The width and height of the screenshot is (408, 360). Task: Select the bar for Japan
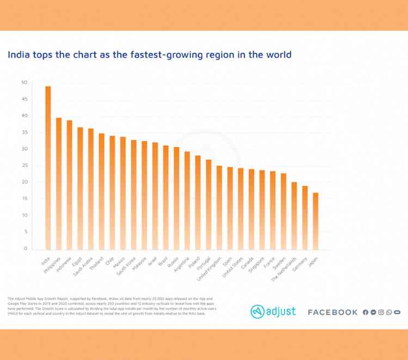point(315,221)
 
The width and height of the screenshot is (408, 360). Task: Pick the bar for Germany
point(305,218)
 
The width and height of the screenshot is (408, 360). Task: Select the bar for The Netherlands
point(294,216)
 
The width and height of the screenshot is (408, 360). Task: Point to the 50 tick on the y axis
point(23,83)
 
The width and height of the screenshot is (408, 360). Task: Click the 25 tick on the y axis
point(23,166)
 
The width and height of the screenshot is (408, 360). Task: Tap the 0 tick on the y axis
point(25,248)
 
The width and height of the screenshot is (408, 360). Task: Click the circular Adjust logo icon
point(257,312)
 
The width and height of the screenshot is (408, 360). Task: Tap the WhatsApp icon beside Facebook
point(389,312)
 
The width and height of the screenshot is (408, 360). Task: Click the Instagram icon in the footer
point(381,312)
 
